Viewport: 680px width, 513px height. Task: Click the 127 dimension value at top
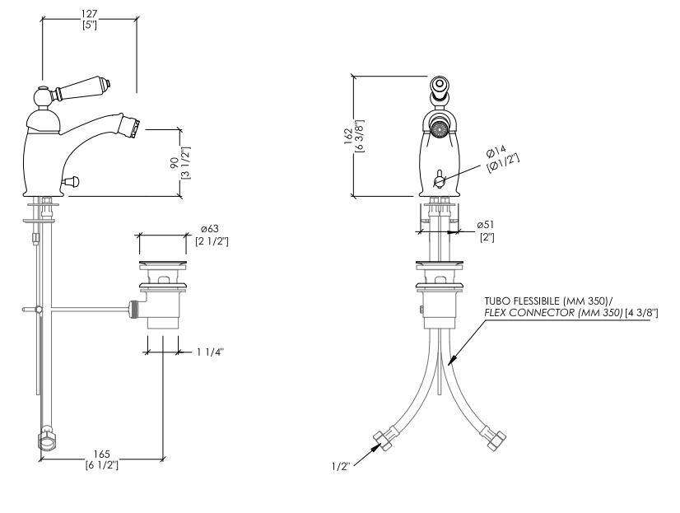pos(90,14)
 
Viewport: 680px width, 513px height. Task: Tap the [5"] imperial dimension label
pos(90,25)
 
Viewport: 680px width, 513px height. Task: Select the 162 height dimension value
pos(349,137)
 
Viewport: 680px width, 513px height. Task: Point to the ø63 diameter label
pos(209,229)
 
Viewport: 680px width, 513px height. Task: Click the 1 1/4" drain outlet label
pos(210,352)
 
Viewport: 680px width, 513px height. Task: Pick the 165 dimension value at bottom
pos(102,455)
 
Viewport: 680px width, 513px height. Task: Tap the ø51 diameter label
pos(485,225)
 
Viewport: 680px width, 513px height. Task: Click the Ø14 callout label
pos(496,152)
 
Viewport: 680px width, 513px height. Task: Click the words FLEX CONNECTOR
pos(530,313)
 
